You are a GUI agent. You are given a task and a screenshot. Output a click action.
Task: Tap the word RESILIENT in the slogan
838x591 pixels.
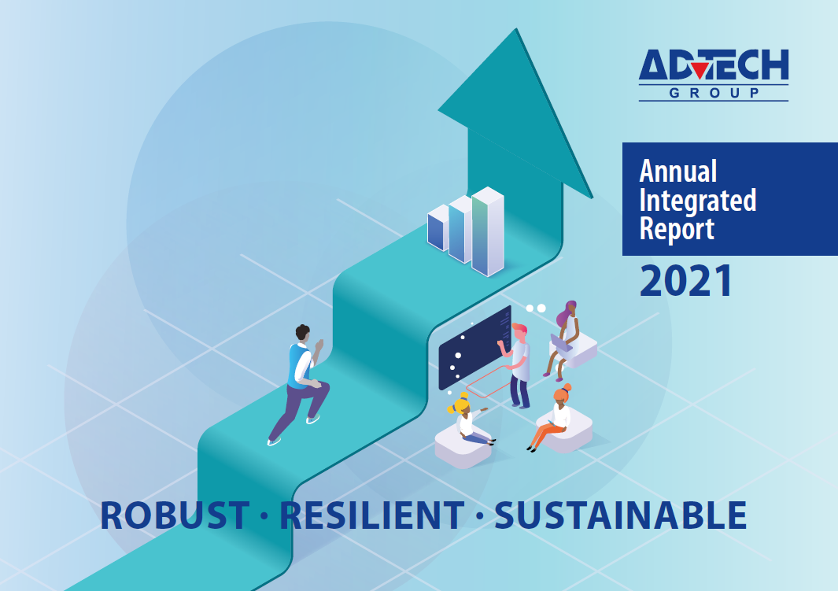pyautogui.click(x=371, y=515)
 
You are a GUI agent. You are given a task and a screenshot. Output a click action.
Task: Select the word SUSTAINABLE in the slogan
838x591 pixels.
pyautogui.click(x=620, y=515)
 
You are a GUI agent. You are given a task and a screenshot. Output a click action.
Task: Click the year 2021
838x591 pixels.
pyautogui.click(x=686, y=282)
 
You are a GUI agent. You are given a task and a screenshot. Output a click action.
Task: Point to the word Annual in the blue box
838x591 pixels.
pyautogui.click(x=678, y=171)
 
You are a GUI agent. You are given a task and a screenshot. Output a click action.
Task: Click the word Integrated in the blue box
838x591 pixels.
pyautogui.click(x=697, y=200)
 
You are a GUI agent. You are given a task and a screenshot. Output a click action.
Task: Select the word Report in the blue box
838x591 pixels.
pyautogui.click(x=677, y=229)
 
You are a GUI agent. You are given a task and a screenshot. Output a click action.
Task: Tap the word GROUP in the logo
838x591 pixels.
pyautogui.click(x=714, y=94)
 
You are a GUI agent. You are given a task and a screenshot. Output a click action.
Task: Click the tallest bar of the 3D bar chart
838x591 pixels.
pyautogui.click(x=487, y=232)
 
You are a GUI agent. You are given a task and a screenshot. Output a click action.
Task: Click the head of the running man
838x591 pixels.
pyautogui.click(x=303, y=333)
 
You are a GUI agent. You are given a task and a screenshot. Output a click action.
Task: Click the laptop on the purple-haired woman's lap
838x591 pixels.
pyautogui.click(x=561, y=344)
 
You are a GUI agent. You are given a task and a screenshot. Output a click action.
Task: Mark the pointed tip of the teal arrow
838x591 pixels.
pyautogui.click(x=516, y=31)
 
